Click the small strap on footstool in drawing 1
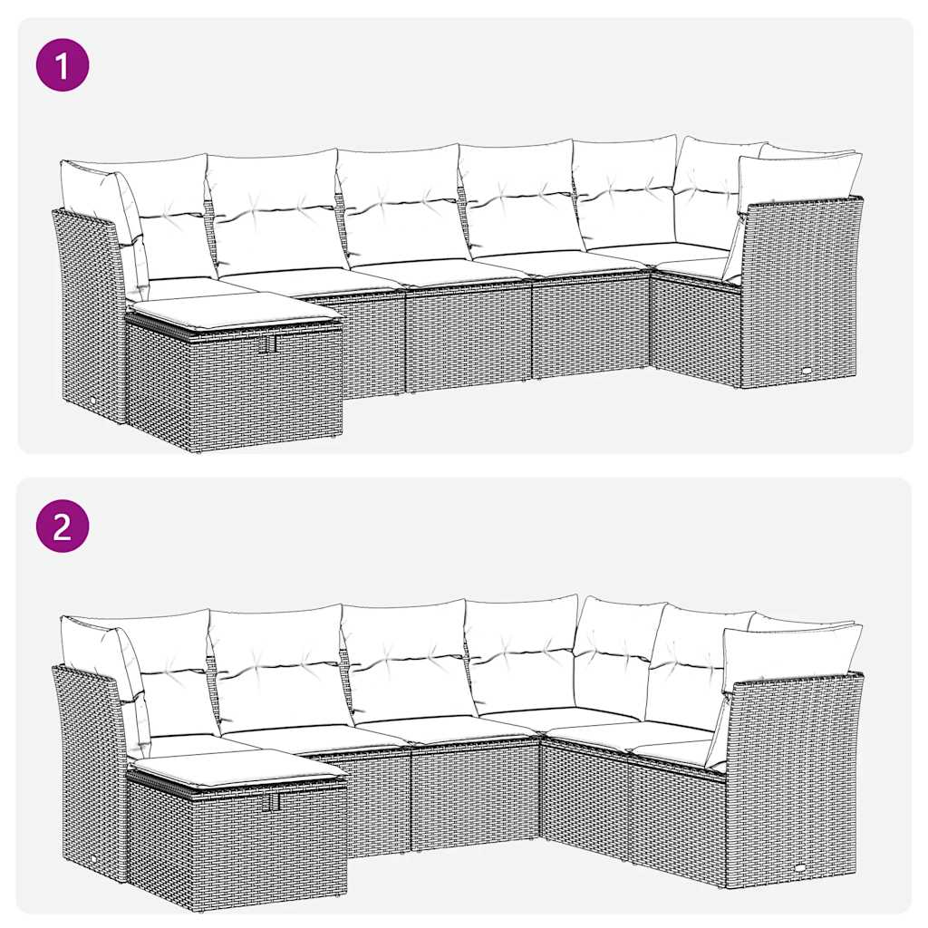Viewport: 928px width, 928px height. tap(268, 345)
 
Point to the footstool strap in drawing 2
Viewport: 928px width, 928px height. tap(271, 802)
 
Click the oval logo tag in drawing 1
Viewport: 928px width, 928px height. tap(806, 371)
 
